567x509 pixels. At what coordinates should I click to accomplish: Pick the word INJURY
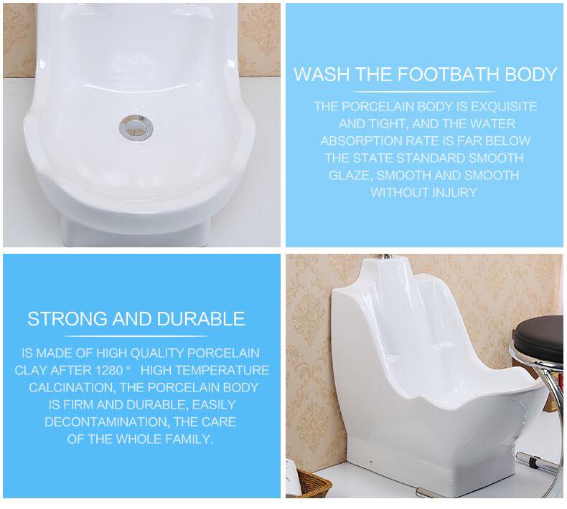click(x=454, y=192)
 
